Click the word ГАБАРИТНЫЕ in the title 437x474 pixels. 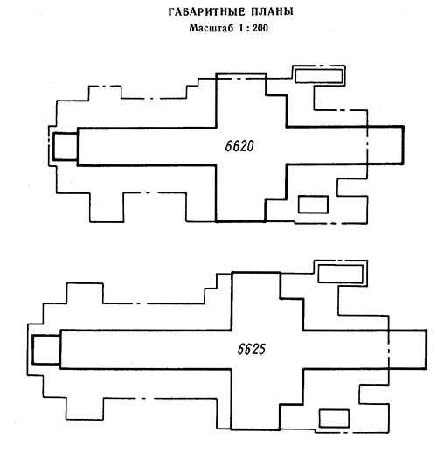[x=206, y=12]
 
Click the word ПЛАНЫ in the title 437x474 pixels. [x=272, y=12]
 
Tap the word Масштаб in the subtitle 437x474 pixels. [x=212, y=28]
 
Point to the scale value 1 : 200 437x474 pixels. [x=253, y=28]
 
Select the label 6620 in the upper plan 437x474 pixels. [x=239, y=146]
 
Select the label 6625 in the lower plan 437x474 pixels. [x=252, y=349]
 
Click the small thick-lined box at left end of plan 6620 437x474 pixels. [x=66, y=146]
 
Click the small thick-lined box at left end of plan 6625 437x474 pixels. [x=46, y=350]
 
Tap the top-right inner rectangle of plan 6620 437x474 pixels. [x=318, y=75]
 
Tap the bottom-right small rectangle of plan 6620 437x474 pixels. [x=313, y=205]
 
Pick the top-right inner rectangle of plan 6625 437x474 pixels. [x=340, y=274]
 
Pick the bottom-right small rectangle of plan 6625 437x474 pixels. [x=334, y=418]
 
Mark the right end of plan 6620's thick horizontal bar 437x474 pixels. [x=403, y=145]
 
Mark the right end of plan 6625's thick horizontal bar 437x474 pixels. [x=426, y=350]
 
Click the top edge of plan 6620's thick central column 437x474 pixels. [x=241, y=73]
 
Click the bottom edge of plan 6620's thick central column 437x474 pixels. [x=240, y=221]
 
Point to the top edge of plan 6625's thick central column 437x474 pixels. [x=256, y=273]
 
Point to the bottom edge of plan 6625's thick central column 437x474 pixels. [x=255, y=429]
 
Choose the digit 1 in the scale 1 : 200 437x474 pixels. [x=241, y=28]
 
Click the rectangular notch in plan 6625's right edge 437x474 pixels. [x=359, y=394]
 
